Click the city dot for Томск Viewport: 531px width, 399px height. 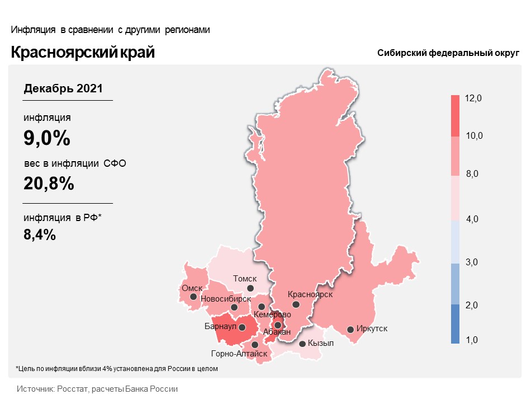pyautogui.click(x=250, y=288)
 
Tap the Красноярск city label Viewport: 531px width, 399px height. pyautogui.click(x=310, y=294)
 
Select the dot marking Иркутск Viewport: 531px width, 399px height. pyautogui.click(x=350, y=330)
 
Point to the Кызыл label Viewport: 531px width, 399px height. pyautogui.click(x=321, y=343)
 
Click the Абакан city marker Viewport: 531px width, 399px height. pyautogui.click(x=278, y=325)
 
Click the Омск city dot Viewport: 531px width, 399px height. pyautogui.click(x=193, y=297)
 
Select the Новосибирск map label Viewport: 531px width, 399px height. pyautogui.click(x=225, y=299)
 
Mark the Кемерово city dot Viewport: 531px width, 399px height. pyautogui.click(x=262, y=307)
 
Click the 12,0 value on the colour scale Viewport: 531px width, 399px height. pyautogui.click(x=473, y=98)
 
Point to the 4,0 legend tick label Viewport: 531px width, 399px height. pyautogui.click(x=473, y=219)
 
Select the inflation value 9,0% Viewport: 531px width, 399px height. pyautogui.click(x=47, y=138)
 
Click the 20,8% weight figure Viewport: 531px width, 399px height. pyautogui.click(x=49, y=183)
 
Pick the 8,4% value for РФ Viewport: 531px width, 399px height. pyautogui.click(x=40, y=235)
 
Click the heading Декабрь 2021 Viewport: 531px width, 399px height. pyautogui.click(x=63, y=88)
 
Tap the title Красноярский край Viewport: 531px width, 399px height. pyautogui.click(x=83, y=53)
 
